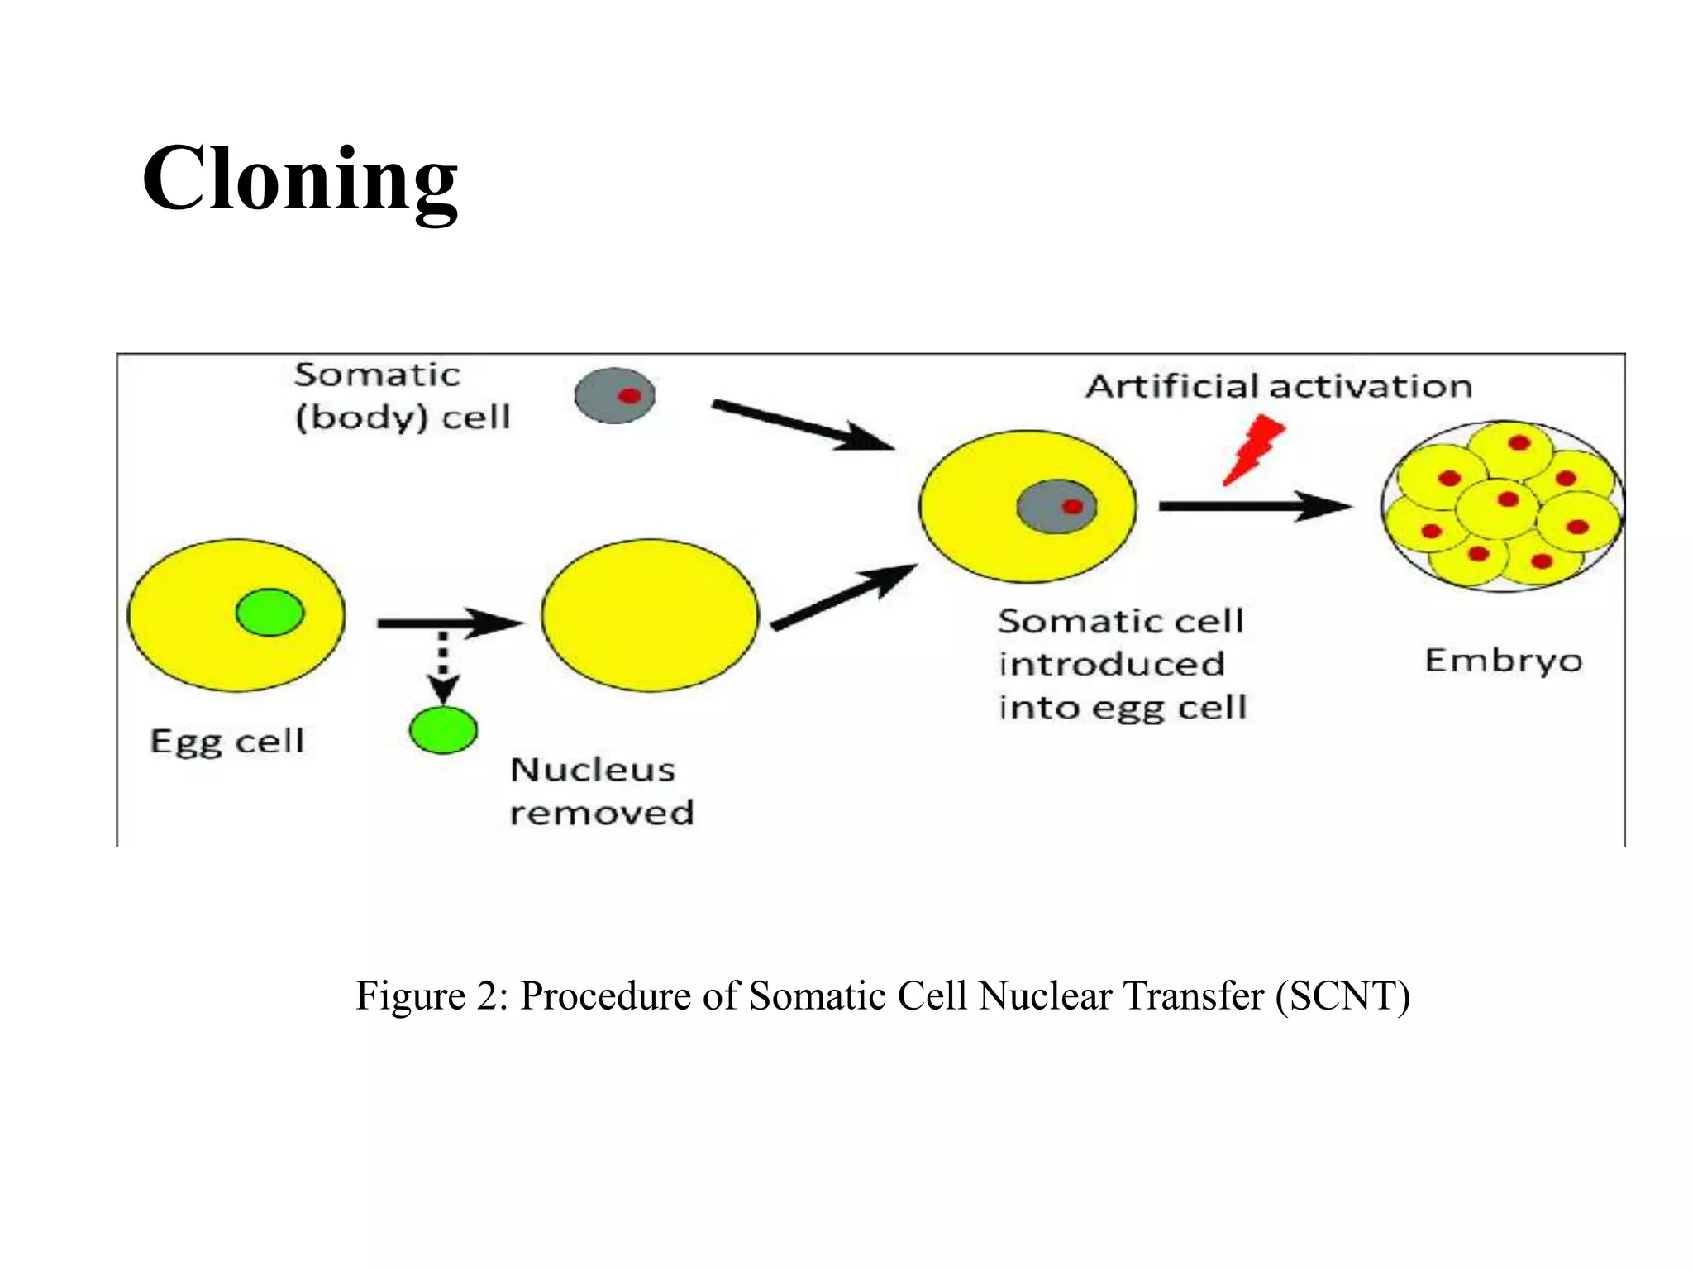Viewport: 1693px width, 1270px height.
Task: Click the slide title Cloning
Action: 299,180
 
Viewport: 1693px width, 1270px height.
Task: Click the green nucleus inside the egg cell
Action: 270,613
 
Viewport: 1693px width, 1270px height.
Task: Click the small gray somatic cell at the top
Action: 615,396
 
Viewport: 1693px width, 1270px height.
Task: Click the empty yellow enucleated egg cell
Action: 651,615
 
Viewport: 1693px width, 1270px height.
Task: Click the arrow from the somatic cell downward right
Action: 802,425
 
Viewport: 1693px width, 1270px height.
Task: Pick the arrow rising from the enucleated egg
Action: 843,597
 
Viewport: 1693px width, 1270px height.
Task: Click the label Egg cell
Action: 227,742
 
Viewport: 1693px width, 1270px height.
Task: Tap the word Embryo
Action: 1503,661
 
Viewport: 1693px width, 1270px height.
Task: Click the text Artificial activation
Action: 1279,387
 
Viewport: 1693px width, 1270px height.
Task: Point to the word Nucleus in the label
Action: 593,771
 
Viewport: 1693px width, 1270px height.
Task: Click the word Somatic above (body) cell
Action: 377,375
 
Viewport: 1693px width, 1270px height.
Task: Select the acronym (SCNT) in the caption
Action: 1342,995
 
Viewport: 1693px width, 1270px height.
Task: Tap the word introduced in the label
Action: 1112,665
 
